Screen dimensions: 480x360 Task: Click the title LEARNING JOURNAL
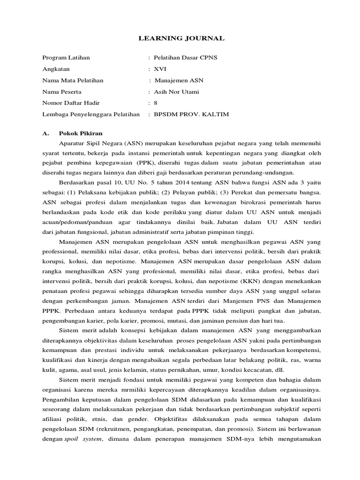[x=181, y=38]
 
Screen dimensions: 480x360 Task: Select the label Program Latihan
[x=66, y=58]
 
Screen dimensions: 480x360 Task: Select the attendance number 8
[x=156, y=103]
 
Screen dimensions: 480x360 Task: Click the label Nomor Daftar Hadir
[x=71, y=103]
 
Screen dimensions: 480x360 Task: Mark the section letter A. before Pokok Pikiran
[x=46, y=134]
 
